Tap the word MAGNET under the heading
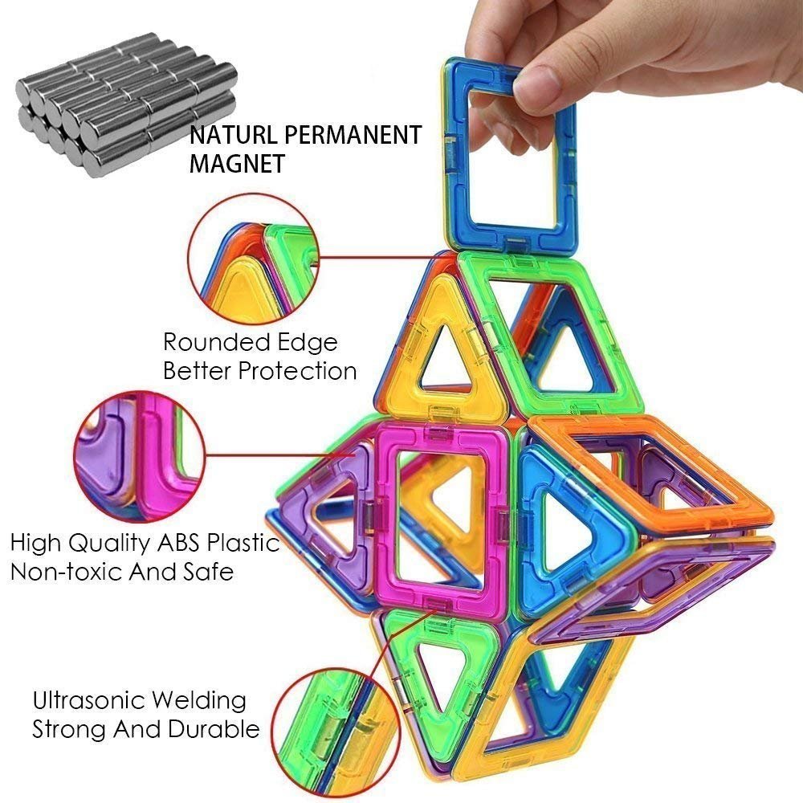click(237, 164)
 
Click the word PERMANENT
click(353, 135)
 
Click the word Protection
click(298, 371)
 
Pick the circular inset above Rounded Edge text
click(254, 259)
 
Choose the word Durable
click(214, 729)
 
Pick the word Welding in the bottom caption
click(201, 700)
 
